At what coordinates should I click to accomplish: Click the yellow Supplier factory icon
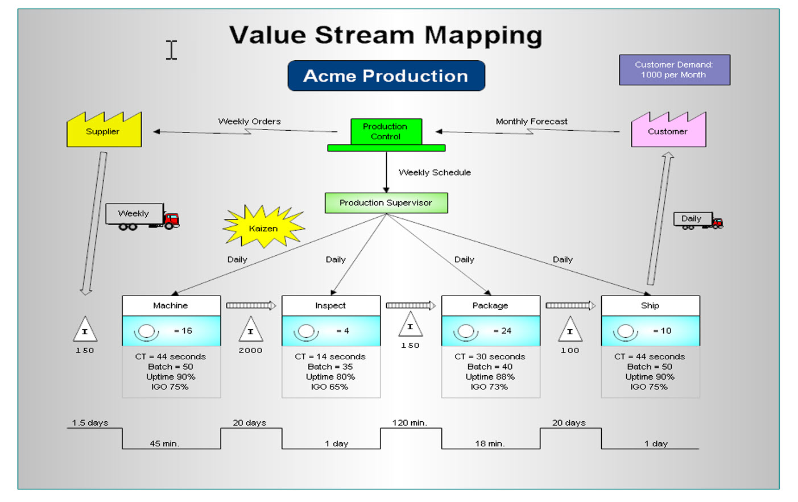click(x=104, y=131)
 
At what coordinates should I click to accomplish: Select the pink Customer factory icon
click(x=668, y=131)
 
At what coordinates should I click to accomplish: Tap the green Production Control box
click(x=386, y=132)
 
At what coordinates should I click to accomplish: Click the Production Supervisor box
click(x=386, y=203)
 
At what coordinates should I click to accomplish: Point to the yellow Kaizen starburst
click(x=263, y=227)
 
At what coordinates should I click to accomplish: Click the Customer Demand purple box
click(x=674, y=70)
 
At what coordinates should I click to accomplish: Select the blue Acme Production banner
click(x=386, y=76)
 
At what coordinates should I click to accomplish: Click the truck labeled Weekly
click(x=142, y=217)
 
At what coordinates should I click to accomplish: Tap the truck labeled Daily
click(x=698, y=220)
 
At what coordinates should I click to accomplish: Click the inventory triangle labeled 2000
click(x=250, y=330)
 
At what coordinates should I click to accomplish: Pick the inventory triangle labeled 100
click(x=570, y=330)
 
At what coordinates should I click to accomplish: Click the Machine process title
click(x=171, y=306)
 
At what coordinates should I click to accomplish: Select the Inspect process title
click(x=330, y=306)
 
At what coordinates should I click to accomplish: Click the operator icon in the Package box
click(x=466, y=331)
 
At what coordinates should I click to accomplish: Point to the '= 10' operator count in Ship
click(x=662, y=331)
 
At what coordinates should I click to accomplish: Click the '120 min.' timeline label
click(x=410, y=423)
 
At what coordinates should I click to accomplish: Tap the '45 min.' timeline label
click(x=164, y=443)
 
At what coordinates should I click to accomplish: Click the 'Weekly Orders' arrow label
click(x=249, y=122)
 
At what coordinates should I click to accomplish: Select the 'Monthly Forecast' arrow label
click(x=531, y=122)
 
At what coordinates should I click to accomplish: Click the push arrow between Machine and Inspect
click(x=251, y=306)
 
